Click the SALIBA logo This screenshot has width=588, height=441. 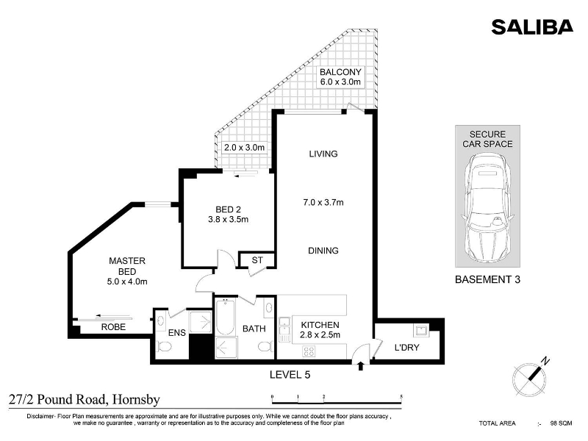[x=532, y=27]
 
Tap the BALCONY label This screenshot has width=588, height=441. [x=340, y=71]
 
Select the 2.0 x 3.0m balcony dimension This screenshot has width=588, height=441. [x=245, y=148]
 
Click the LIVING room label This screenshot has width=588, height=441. [x=323, y=154]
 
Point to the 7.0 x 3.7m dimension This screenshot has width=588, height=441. [x=323, y=203]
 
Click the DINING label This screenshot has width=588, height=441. [x=323, y=251]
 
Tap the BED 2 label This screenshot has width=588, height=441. [x=228, y=209]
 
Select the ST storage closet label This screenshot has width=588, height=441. [x=257, y=260]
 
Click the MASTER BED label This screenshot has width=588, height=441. [x=127, y=266]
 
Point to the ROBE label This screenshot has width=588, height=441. [x=113, y=327]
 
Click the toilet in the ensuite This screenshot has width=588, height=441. [x=164, y=346]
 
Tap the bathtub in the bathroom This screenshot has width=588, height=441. [x=226, y=317]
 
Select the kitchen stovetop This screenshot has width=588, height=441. [x=309, y=351]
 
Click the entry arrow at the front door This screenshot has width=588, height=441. [x=361, y=366]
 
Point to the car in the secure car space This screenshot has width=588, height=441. [x=487, y=207]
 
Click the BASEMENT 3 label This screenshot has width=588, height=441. [x=487, y=279]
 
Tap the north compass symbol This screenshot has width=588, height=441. [x=530, y=377]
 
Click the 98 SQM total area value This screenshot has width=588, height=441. [x=561, y=423]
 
